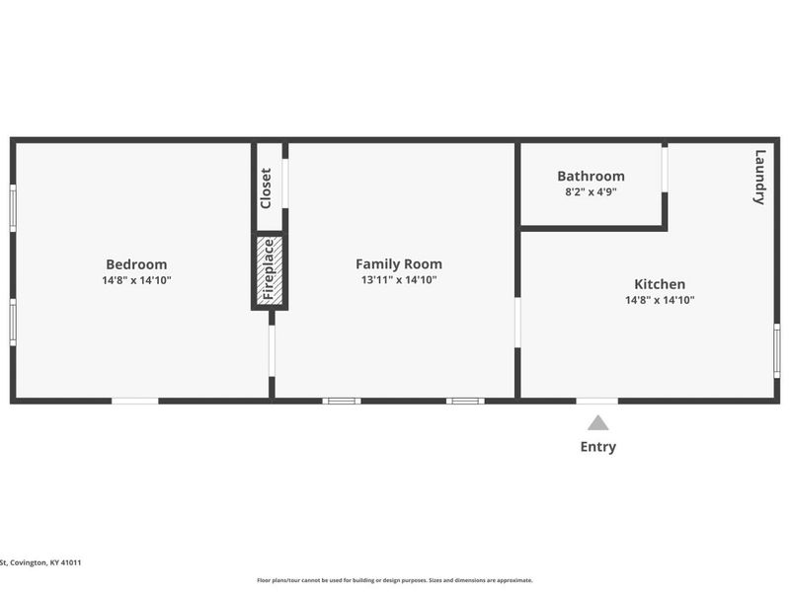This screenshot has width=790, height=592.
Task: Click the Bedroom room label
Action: point(136,264)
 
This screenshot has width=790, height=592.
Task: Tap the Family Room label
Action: point(399,264)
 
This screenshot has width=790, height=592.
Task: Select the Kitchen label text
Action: point(660,284)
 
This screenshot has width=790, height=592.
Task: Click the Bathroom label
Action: point(591,177)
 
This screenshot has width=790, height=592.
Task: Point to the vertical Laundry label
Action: point(759,177)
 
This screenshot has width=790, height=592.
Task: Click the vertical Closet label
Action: point(266,187)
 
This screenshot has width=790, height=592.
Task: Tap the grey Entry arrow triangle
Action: point(598,423)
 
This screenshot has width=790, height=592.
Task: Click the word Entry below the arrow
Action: point(598,447)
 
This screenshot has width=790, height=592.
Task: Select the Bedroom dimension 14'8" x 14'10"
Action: point(136,280)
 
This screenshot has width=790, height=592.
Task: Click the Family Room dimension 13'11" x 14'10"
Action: point(399,280)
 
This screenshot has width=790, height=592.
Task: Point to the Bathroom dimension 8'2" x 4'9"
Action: point(591,192)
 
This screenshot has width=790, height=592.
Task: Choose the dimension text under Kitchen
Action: point(660,300)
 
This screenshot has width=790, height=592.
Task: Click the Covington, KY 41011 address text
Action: point(40,562)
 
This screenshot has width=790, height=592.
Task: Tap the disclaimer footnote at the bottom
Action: point(395,580)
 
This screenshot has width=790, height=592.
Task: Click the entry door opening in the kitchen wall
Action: point(597,401)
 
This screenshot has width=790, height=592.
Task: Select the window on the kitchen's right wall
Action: point(777,351)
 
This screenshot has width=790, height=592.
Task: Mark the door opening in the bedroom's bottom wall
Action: point(134,401)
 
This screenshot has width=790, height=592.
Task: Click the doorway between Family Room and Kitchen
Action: point(517,323)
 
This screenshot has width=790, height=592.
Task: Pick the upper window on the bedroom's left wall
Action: point(13,208)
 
